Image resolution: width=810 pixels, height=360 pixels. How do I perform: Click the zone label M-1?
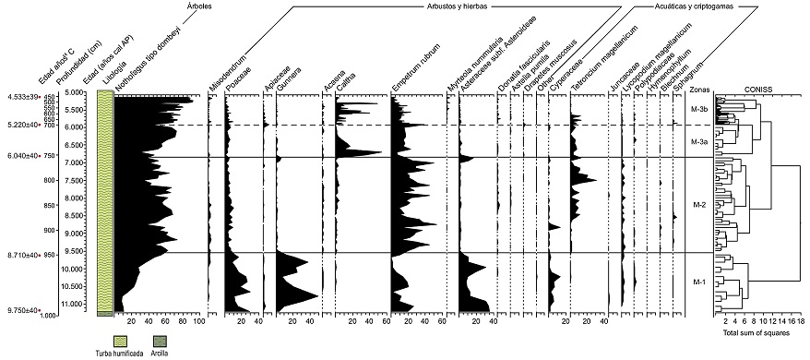click(698, 282)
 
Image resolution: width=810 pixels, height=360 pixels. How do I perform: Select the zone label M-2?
click(698, 204)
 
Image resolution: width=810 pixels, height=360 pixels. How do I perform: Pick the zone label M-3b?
click(699, 110)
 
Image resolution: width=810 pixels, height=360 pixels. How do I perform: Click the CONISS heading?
click(757, 90)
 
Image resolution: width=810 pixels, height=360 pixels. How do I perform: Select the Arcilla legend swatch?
click(156, 341)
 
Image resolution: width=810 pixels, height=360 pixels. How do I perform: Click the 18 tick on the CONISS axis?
click(801, 322)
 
